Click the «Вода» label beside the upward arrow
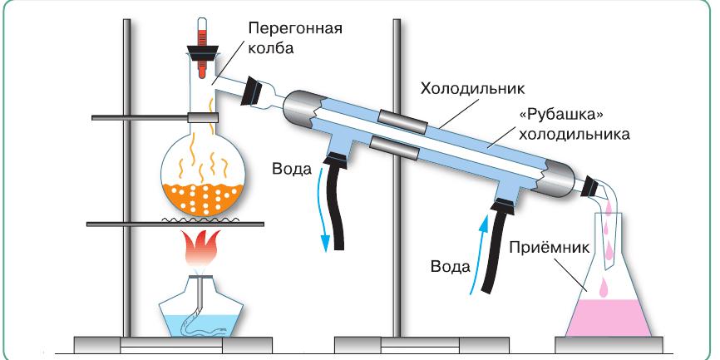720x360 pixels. pyautogui.click(x=451, y=267)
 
